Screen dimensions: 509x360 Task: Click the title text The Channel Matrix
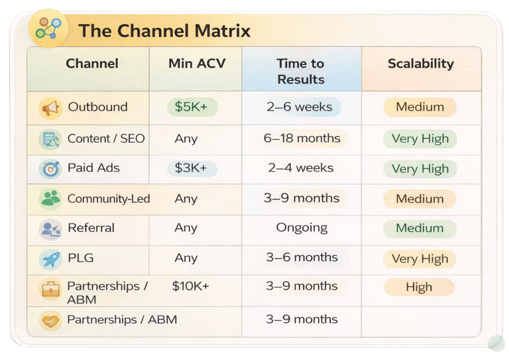click(x=164, y=31)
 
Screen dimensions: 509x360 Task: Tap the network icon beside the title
click(x=48, y=29)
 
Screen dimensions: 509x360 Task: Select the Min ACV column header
click(x=197, y=63)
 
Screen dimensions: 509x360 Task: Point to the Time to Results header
click(x=301, y=71)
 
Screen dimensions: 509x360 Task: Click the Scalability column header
click(x=421, y=64)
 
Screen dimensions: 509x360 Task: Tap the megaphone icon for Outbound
click(x=50, y=108)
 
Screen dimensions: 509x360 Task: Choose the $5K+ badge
click(x=192, y=107)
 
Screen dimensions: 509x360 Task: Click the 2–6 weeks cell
click(x=300, y=107)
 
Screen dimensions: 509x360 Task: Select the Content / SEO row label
click(x=106, y=139)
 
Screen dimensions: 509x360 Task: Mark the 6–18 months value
click(x=302, y=139)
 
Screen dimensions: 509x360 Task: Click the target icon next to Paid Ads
click(x=50, y=169)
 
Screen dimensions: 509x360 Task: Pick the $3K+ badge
click(x=192, y=168)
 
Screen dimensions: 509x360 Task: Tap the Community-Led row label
click(x=109, y=199)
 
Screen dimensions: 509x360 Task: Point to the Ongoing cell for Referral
click(x=302, y=227)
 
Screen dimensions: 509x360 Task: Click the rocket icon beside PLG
click(x=50, y=259)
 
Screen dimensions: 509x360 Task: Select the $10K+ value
click(x=191, y=286)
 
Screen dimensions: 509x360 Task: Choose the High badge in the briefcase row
click(x=420, y=287)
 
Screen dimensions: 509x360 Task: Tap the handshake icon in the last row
click(x=50, y=321)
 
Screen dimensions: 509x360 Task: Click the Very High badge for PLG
click(x=420, y=259)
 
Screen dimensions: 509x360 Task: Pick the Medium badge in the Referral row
click(x=420, y=228)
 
